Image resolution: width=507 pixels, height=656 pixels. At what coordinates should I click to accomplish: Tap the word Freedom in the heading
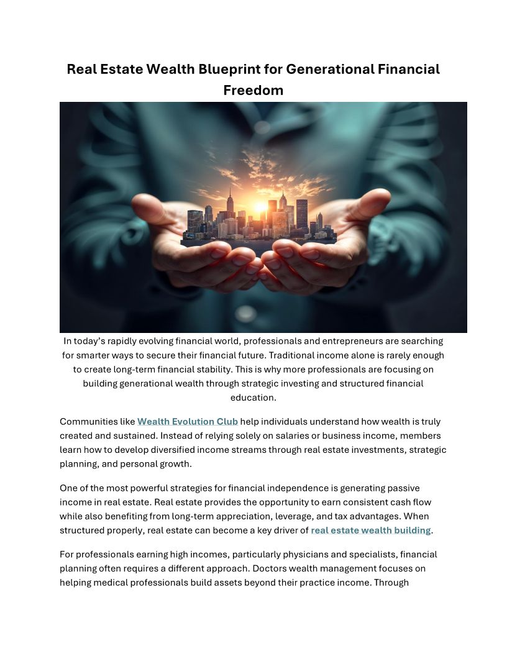click(x=253, y=90)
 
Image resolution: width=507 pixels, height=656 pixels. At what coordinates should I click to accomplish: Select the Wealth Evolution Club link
click(x=188, y=421)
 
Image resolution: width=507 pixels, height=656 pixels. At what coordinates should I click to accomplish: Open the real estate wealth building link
click(x=370, y=530)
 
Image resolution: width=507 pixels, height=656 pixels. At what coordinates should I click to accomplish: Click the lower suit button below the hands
click(x=246, y=312)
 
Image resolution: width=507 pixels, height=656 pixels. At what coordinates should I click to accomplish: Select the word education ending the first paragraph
click(x=253, y=397)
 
